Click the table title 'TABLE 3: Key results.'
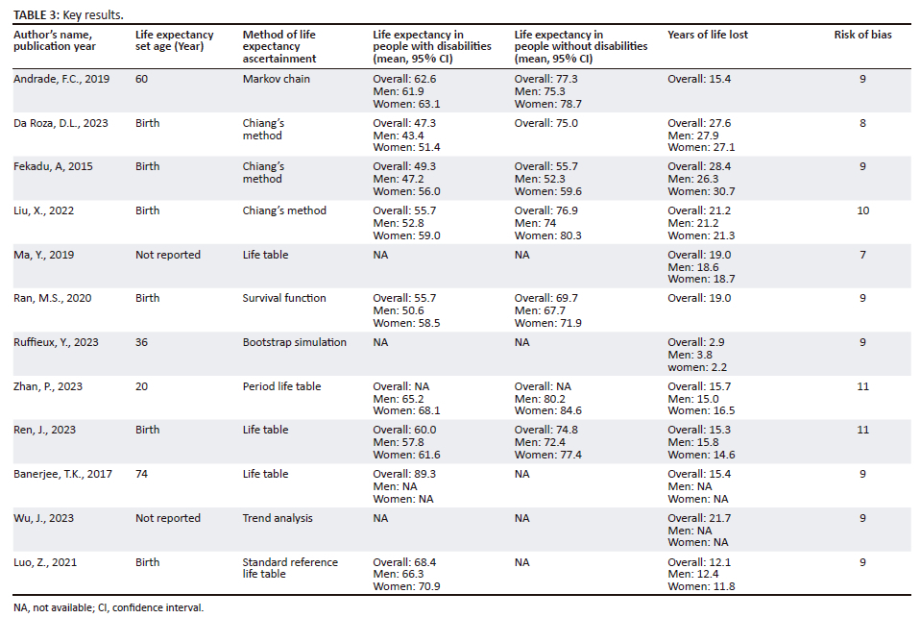(x=68, y=14)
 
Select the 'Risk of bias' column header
(x=862, y=35)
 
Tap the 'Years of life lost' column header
(x=708, y=35)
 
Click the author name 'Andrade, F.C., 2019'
(x=61, y=80)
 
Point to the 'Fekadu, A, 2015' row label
(x=53, y=167)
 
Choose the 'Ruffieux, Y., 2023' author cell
(x=56, y=342)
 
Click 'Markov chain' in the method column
(x=277, y=80)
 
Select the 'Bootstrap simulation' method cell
(x=295, y=342)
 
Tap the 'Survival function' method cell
(x=284, y=298)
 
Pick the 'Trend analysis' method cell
(x=278, y=518)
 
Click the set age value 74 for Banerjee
(x=141, y=474)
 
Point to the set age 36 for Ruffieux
(x=141, y=342)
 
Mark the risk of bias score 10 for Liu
(x=862, y=210)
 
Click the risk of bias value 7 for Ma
(x=862, y=255)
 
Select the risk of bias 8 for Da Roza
(x=862, y=123)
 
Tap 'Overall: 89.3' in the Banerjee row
(x=404, y=474)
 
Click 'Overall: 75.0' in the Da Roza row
(x=545, y=123)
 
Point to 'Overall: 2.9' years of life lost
(x=696, y=342)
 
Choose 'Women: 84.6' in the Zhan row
(x=548, y=410)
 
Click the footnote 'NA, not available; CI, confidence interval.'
(x=109, y=608)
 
